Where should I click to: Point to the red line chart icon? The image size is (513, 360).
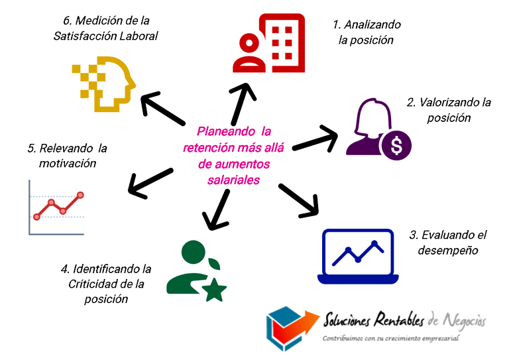pyautogui.click(x=57, y=206)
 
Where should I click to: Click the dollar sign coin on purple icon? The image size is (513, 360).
pyautogui.click(x=396, y=145)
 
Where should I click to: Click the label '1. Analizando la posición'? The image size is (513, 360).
pyautogui.click(x=367, y=32)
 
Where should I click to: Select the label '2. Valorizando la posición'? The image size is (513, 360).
pyautogui.click(x=449, y=110)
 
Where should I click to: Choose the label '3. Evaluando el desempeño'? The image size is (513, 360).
pyautogui.click(x=447, y=243)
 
